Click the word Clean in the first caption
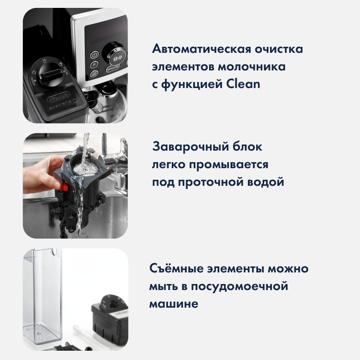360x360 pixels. pos(243,84)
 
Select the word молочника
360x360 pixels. pos(252,67)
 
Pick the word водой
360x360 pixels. pos(265,182)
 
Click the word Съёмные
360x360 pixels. pos(177,268)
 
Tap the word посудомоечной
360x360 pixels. pos(240,286)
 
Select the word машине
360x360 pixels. pos(174,304)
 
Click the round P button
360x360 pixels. pos(94,64)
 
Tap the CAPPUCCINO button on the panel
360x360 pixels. pos(113,68)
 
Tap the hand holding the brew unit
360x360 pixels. pos(41,173)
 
